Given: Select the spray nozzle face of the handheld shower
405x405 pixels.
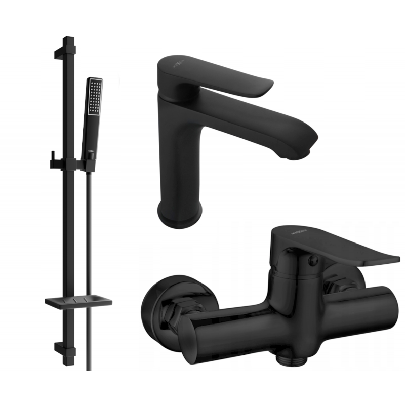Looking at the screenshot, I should tap(93, 96).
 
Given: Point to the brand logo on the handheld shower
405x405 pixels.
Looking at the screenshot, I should tap(89, 150).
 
